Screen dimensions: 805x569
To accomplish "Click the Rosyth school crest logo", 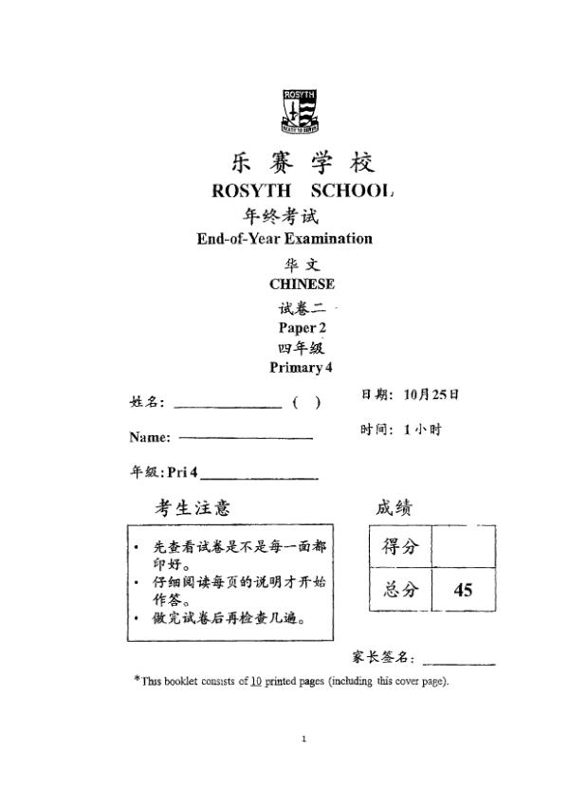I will [300, 111].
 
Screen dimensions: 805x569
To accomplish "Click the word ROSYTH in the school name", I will [249, 191].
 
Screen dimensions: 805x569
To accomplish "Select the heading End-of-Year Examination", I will [284, 239].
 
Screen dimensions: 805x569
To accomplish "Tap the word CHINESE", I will [302, 284].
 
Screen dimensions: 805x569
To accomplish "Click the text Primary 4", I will [302, 368].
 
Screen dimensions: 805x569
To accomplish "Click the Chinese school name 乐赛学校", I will [303, 160].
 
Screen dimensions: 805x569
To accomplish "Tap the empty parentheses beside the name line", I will [306, 403].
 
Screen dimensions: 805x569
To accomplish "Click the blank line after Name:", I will [246, 438].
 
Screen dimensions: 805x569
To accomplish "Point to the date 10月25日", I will [431, 393].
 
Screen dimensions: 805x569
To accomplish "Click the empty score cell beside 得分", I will [463, 547].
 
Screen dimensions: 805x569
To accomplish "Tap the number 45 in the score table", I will [463, 591].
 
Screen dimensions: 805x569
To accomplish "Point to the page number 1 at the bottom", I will [303, 739].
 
